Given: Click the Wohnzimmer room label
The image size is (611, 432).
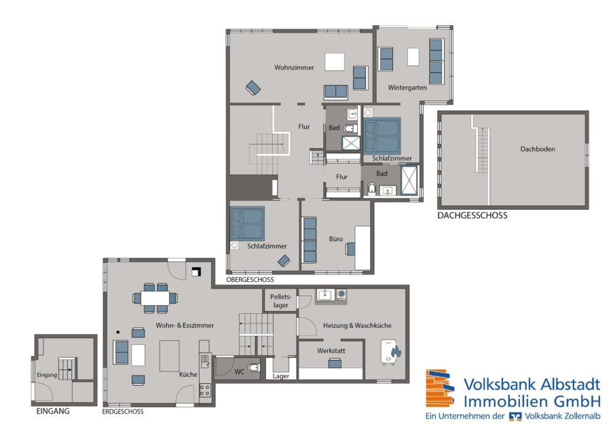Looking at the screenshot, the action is coord(294,67).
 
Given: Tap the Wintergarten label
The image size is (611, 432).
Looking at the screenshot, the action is coord(407,88).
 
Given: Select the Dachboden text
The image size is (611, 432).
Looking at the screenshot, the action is coord(538,149).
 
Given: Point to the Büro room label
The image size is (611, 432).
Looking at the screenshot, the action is coord(336,238).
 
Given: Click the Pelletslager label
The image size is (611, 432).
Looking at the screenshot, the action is coord(280,301).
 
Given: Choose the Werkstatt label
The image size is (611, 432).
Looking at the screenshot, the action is coord(331,350).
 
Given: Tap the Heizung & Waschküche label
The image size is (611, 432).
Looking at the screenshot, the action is coord(357,325).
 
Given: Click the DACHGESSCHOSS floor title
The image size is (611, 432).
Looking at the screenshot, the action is coord(473,215).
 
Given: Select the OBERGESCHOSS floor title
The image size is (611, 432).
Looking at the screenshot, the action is coord(250,280).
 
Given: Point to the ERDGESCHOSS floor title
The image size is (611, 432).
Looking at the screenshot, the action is coord(123,412).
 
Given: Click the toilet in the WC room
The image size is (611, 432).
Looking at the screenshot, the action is coord(253,367).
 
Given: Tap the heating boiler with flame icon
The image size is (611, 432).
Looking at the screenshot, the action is coord(390,352).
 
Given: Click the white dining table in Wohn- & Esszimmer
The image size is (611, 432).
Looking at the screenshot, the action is coord(155,299).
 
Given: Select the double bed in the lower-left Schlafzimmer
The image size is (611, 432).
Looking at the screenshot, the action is coord(247,223).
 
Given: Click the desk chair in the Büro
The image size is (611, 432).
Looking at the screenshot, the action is coord(350,249).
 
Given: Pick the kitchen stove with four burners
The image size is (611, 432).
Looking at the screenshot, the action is coord(205,390).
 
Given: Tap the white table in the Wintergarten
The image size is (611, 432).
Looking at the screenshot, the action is coord(413,57).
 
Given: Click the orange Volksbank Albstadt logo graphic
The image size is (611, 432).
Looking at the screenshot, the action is coord(440,389).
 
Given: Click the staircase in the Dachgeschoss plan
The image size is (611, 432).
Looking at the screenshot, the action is coord(483,151).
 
